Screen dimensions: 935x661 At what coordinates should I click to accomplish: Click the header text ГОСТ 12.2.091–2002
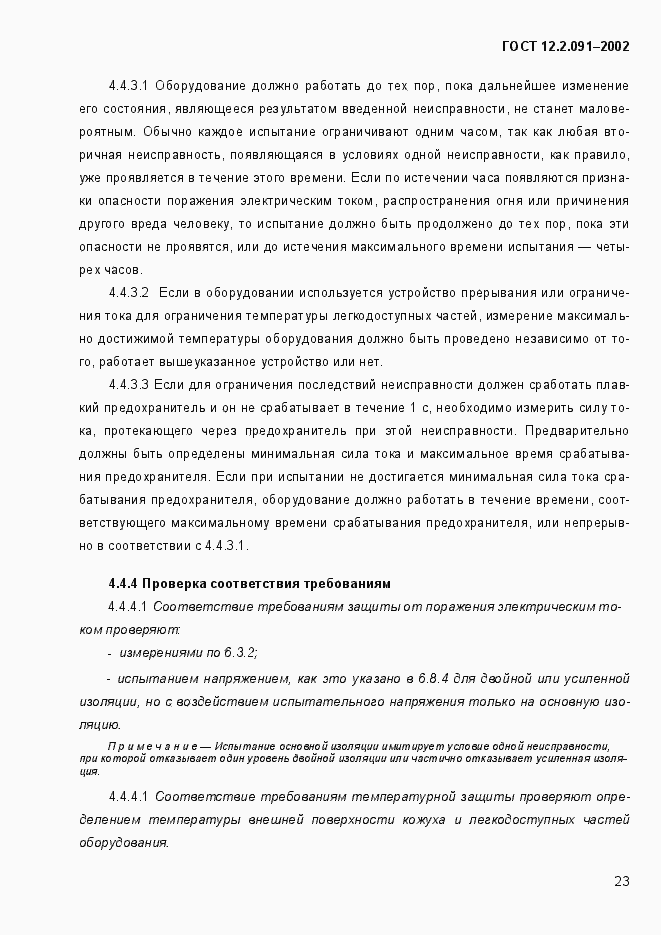tap(565, 46)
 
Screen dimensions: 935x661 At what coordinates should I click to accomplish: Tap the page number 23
tap(621, 881)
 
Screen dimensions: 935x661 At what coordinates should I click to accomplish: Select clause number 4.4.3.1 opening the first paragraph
tap(128, 85)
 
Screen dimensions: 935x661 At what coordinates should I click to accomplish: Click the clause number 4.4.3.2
tap(128, 292)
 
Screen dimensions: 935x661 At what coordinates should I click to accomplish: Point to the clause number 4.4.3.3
tap(128, 384)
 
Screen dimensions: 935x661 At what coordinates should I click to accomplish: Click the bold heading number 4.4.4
tap(122, 583)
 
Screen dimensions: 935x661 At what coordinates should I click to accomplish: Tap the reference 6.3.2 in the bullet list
tap(238, 652)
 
